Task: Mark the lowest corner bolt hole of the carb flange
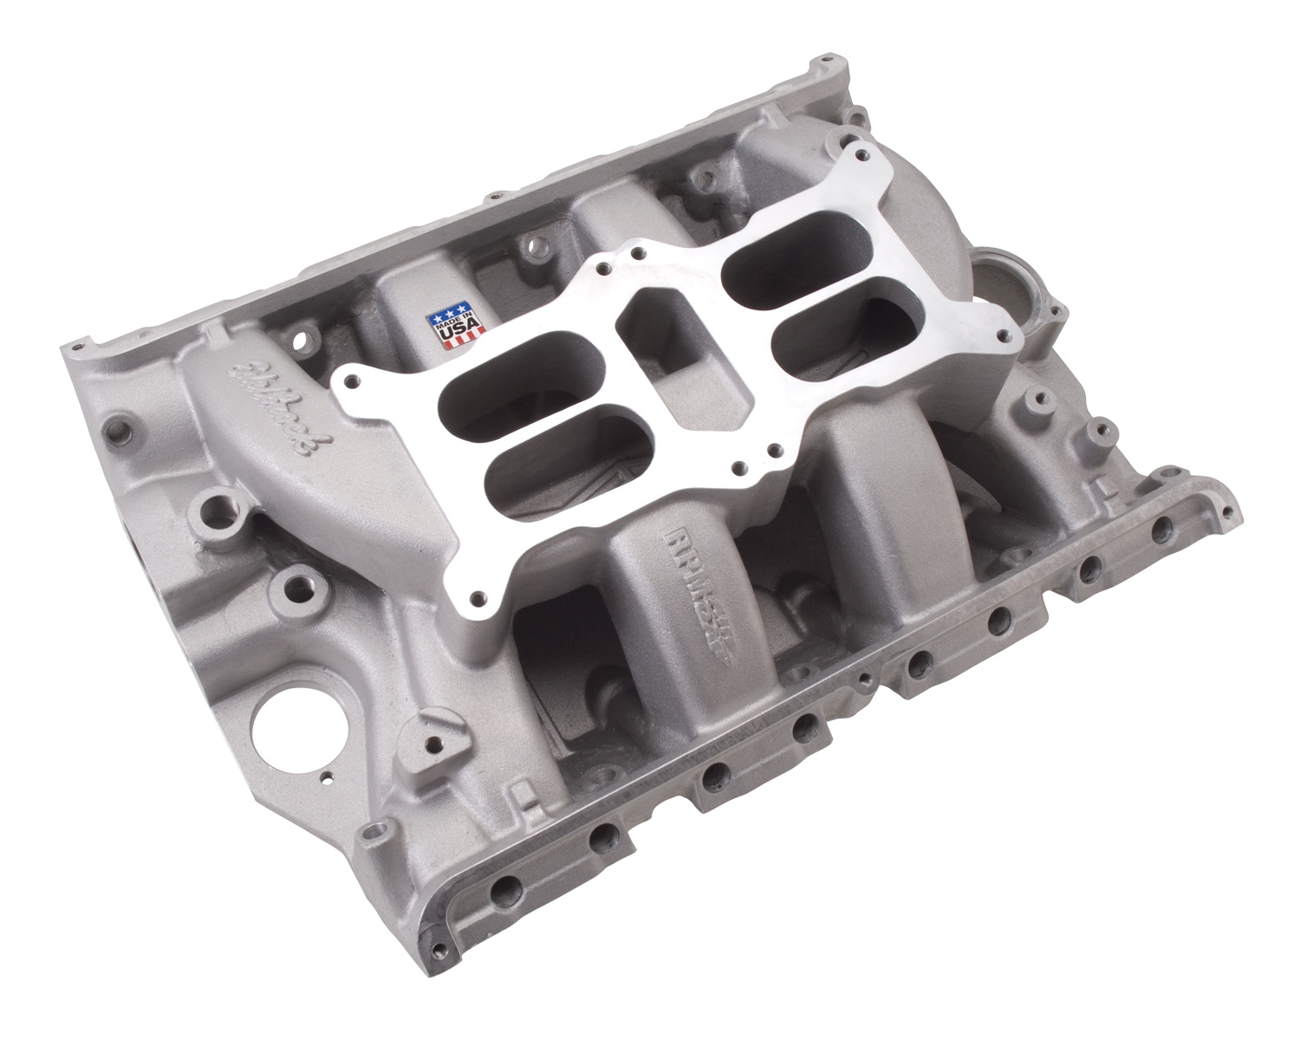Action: (x=478, y=597)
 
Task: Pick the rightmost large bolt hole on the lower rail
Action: (x=1158, y=529)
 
